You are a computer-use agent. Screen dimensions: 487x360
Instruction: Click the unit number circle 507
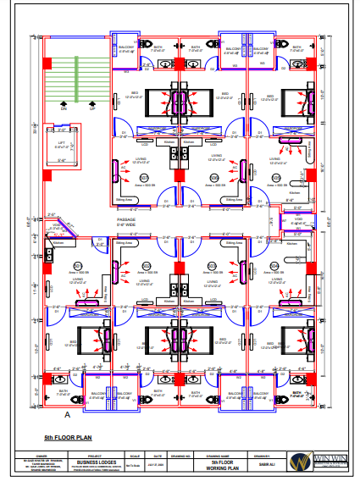pyautogui.click(x=144, y=178)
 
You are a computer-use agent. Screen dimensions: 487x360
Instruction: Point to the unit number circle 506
pyautogui.click(x=215, y=178)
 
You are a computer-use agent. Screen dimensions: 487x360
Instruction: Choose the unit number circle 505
pyautogui.click(x=276, y=178)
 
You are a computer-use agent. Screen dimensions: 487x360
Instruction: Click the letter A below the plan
pyautogui.click(x=67, y=415)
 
